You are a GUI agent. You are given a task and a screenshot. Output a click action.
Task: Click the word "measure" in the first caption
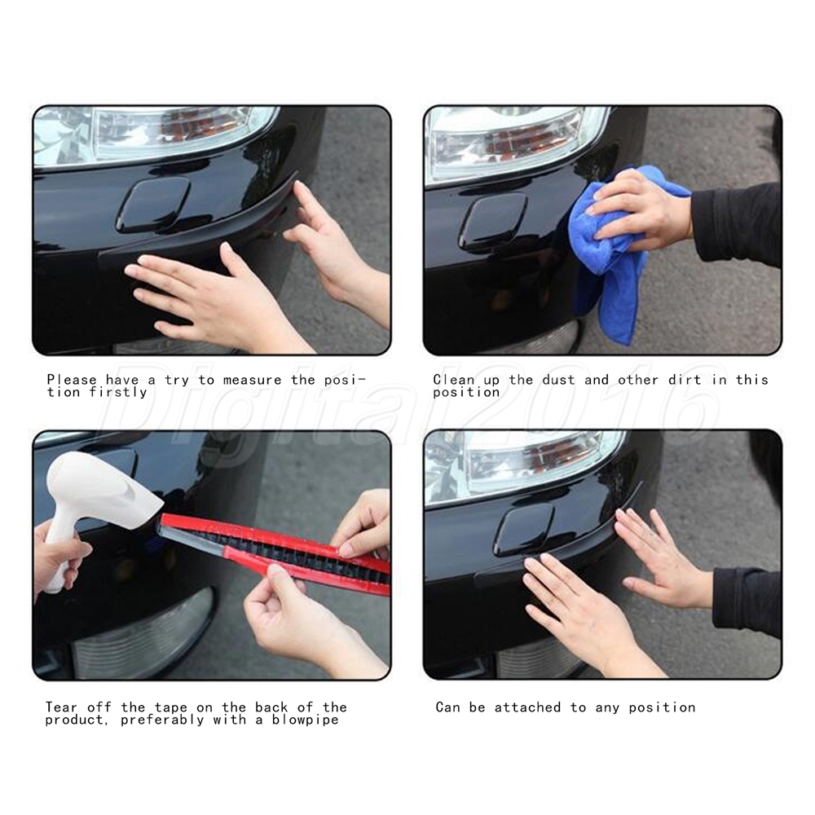pyautogui.click(x=252, y=380)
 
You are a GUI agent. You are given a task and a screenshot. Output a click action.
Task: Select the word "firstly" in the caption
pyautogui.click(x=118, y=393)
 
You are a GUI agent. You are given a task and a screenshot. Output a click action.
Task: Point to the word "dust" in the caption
pyautogui.click(x=559, y=380)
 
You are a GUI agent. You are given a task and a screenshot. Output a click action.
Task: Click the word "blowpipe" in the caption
pyautogui.click(x=305, y=720)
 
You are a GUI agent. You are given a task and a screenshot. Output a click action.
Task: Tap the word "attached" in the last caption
pyautogui.click(x=527, y=707)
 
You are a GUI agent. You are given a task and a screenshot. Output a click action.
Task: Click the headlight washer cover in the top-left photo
pyautogui.click(x=153, y=205)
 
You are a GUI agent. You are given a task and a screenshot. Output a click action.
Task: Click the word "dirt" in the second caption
pyautogui.click(x=685, y=380)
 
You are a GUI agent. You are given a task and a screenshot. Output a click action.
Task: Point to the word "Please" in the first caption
pyautogui.click(x=72, y=380)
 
